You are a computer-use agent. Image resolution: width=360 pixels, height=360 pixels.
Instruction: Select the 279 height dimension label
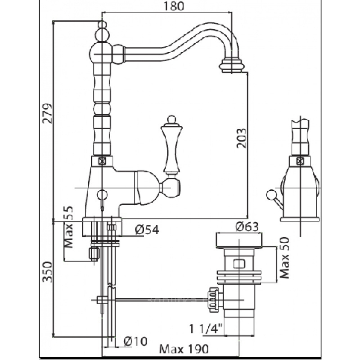click(x=49, y=115)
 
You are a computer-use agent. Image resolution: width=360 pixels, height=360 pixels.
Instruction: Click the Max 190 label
click(x=185, y=349)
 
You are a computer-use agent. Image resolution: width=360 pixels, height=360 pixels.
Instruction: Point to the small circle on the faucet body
click(x=103, y=195)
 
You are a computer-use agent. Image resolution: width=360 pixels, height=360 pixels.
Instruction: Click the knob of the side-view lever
click(x=271, y=195)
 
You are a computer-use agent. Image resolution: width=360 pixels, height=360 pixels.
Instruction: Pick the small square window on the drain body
click(x=238, y=263)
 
